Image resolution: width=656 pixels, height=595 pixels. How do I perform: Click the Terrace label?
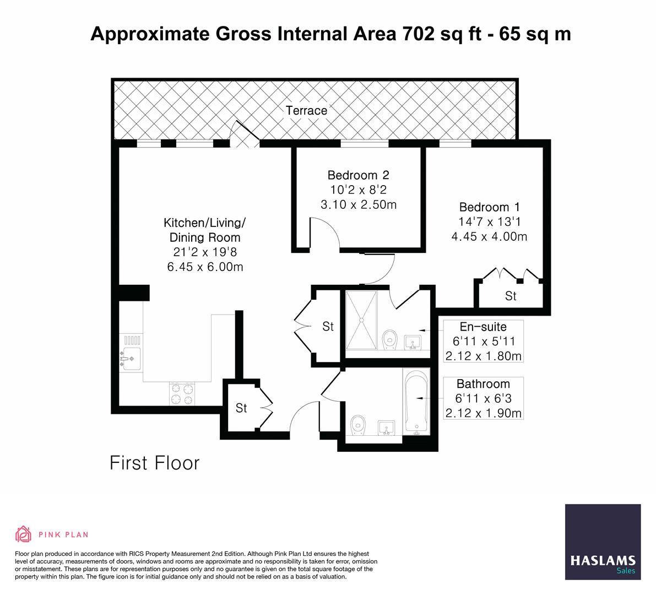click(x=306, y=110)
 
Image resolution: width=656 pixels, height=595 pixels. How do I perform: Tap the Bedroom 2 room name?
click(x=358, y=175)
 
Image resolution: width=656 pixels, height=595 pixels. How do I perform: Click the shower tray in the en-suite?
click(x=362, y=320)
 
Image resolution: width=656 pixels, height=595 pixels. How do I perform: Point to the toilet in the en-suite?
click(x=390, y=339)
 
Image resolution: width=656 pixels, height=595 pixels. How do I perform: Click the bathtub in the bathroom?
click(x=416, y=402)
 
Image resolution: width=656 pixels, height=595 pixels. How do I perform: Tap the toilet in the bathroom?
click(x=358, y=425)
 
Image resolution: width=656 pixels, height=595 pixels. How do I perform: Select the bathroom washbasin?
click(x=387, y=428)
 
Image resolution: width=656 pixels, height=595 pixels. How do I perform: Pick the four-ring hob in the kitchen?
click(x=182, y=393)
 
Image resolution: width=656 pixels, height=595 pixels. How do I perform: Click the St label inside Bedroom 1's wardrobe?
click(x=511, y=296)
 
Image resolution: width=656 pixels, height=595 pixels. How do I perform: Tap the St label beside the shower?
click(x=328, y=327)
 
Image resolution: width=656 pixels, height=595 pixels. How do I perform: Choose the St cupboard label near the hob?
click(x=241, y=408)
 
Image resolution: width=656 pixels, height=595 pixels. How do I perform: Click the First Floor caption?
click(x=154, y=463)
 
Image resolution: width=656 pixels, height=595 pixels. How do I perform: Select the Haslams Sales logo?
click(x=603, y=542)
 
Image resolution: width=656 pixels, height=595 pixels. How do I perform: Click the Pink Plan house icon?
click(x=24, y=534)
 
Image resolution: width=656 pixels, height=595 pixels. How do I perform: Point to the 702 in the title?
click(x=418, y=34)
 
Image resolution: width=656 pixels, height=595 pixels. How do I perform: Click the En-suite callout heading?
click(x=482, y=327)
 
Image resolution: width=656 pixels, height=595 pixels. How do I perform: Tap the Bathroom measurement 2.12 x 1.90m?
click(x=482, y=413)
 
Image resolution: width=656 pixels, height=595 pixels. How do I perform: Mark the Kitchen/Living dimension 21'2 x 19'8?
click(x=204, y=252)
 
